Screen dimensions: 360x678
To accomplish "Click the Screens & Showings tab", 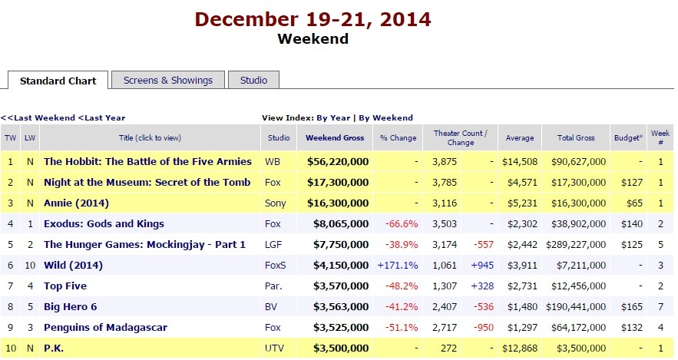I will coord(168,80).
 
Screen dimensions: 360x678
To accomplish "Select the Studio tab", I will coord(253,80).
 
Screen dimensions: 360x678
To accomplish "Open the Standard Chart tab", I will coord(58,81).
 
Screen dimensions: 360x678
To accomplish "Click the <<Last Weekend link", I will coord(38,118).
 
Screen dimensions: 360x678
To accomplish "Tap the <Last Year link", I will coord(102,118).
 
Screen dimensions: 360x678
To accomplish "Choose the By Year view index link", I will coord(333,118).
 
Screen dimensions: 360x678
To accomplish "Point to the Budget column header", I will coord(628,138).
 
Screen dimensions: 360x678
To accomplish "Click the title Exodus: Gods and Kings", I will coord(104,224).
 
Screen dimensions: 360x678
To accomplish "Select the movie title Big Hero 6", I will coord(73,307).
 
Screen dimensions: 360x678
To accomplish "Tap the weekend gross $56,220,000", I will coord(337,162).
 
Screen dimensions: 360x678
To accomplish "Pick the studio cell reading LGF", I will coord(274,245).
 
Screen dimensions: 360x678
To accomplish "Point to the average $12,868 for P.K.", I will coord(520,348).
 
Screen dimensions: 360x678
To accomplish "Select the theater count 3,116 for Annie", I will coord(445,203).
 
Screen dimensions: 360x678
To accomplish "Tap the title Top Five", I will coord(65,286).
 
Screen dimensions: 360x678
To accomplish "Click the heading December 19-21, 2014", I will coord(313,18).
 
